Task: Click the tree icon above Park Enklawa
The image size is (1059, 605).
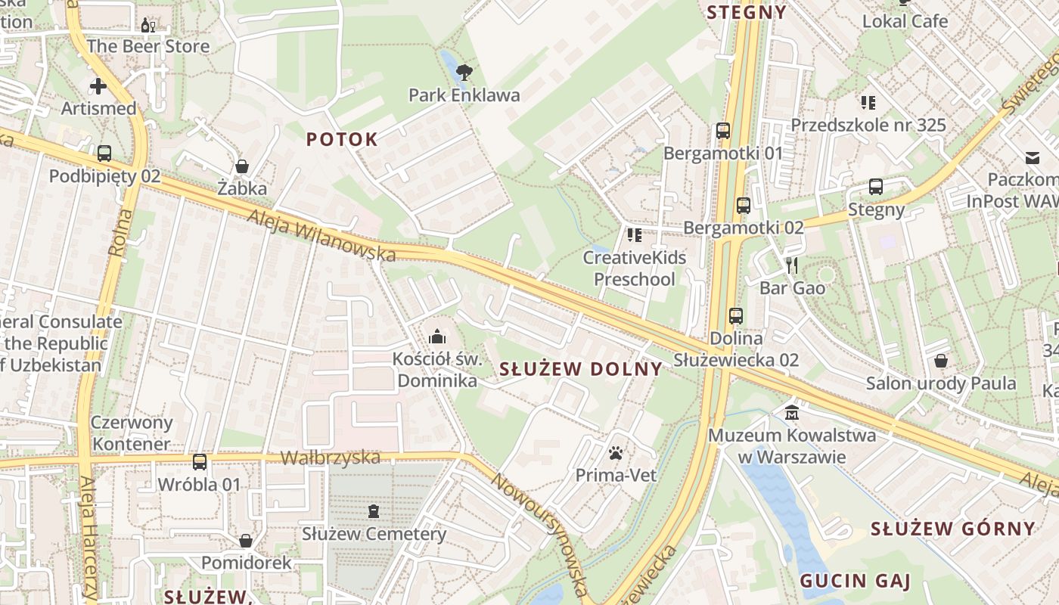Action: point(464,73)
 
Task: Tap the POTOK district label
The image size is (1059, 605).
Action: point(342,139)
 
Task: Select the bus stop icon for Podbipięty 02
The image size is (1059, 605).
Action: point(104,154)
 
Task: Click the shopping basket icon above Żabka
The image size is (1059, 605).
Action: point(242,166)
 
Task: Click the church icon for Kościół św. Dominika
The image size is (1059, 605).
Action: point(437,337)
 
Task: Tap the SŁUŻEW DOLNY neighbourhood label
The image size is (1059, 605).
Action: point(581,369)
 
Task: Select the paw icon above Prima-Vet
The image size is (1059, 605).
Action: point(616,453)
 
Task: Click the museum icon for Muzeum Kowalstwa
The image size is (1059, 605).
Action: point(792,413)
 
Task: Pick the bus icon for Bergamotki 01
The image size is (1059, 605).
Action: point(723,131)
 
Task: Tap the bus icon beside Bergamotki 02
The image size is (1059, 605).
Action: point(743,205)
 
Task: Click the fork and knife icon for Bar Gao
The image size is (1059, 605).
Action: point(792,265)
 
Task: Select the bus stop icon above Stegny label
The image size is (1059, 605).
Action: point(876,187)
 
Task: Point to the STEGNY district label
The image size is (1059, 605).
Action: point(747,12)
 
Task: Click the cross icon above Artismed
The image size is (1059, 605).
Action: point(98,85)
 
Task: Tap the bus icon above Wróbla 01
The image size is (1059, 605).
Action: point(200,461)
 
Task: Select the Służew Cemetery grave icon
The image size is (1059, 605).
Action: point(374,511)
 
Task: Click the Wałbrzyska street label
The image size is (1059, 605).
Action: point(330,458)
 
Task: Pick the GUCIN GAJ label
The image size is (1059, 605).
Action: point(855,581)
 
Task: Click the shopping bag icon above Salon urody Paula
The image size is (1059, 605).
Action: point(941,361)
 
